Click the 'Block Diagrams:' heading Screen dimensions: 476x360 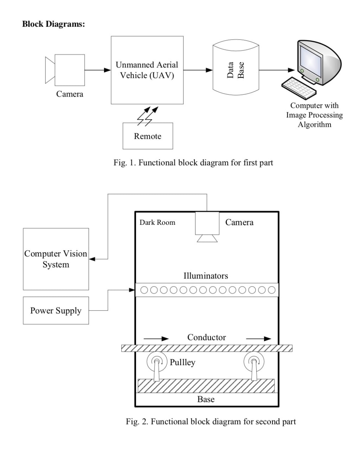(x=54, y=24)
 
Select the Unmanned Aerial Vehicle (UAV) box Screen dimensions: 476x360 (x=147, y=70)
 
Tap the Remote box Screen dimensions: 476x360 (x=148, y=136)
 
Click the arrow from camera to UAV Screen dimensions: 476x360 (x=98, y=70)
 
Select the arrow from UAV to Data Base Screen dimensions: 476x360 (x=198, y=70)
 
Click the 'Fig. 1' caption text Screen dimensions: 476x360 (x=193, y=163)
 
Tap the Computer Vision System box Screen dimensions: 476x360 (x=56, y=259)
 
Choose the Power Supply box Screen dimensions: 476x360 (x=56, y=310)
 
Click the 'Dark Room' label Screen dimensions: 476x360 (x=157, y=222)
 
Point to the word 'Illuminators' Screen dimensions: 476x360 (x=206, y=276)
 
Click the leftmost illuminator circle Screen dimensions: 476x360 (x=144, y=290)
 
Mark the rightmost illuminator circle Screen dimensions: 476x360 (x=271, y=290)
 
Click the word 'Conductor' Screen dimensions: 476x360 (x=206, y=337)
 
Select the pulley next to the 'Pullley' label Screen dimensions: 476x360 (x=157, y=362)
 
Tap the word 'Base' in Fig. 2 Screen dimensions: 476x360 (x=206, y=399)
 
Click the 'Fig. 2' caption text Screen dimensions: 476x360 (x=211, y=422)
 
